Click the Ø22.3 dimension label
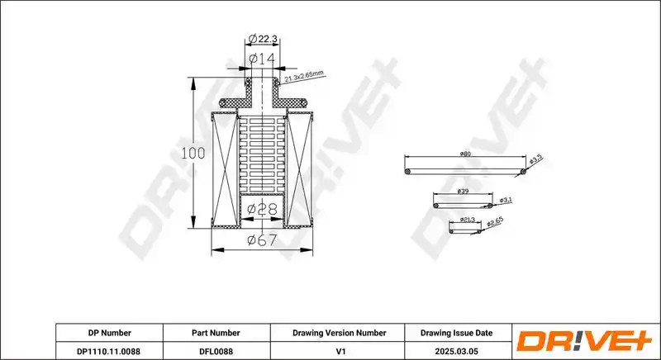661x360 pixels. (262, 39)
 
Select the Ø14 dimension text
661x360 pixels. (262, 58)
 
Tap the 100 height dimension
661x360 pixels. (193, 154)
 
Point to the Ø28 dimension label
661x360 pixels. (262, 208)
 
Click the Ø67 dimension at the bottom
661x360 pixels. (262, 240)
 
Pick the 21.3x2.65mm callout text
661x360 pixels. (304, 76)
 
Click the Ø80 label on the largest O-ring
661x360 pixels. (465, 154)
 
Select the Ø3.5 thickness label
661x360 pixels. (535, 159)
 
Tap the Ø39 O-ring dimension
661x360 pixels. (463, 192)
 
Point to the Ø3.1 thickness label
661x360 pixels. (506, 201)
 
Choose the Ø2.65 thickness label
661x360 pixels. (495, 222)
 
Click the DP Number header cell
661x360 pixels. (110, 333)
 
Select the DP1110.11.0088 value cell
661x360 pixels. (109, 351)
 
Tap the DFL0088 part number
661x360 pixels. (216, 351)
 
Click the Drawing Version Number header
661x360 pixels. (340, 333)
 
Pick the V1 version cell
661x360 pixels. (340, 351)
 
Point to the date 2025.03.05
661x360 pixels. (456, 351)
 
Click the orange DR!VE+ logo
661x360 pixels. (585, 341)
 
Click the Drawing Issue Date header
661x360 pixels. (457, 333)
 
